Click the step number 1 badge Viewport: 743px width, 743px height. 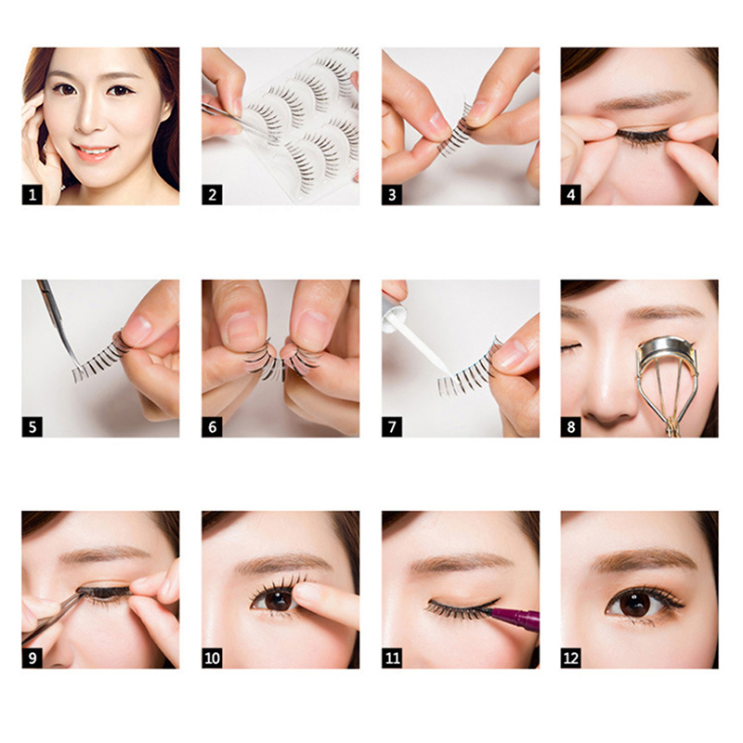(33, 195)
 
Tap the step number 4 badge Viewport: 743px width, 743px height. (571, 195)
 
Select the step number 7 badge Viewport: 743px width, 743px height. (392, 427)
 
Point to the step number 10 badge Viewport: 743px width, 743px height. (213, 658)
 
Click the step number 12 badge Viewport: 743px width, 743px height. (571, 658)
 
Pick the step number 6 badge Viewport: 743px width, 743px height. (213, 427)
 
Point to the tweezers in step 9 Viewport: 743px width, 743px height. (53, 616)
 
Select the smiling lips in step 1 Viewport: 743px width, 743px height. (94, 152)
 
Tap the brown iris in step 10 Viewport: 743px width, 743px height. (277, 600)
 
